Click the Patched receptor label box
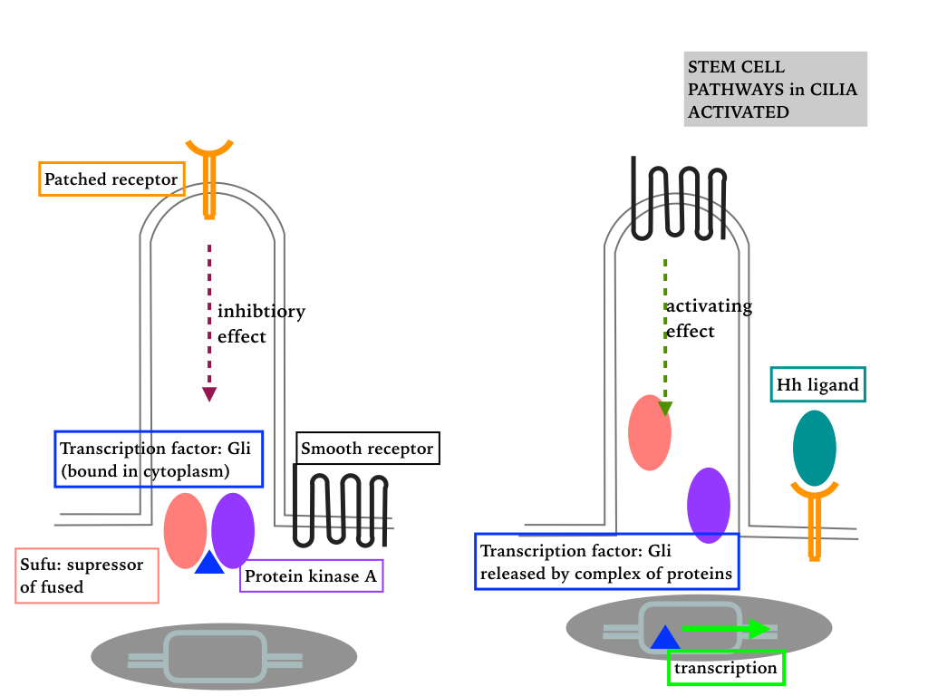[x=111, y=179]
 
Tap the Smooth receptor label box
[x=367, y=449]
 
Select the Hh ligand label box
[x=817, y=384]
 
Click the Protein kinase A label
[x=312, y=576]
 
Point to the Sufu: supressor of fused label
[x=87, y=575]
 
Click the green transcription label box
[x=725, y=668]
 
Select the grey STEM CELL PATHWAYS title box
[x=775, y=89]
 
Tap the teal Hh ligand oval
[x=814, y=448]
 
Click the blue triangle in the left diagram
[x=209, y=563]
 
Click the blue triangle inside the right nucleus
[x=664, y=637]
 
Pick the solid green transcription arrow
[x=726, y=629]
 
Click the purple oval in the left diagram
[x=233, y=530]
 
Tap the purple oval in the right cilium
[x=709, y=505]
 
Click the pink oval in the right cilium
[x=650, y=432]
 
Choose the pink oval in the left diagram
[x=185, y=530]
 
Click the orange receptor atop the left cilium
[x=209, y=176]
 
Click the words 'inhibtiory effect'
[x=261, y=324]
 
